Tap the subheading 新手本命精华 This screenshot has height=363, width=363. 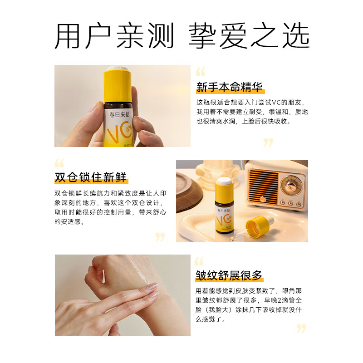(229, 87)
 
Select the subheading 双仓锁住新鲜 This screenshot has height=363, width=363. (90, 177)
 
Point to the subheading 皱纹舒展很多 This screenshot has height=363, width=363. (229, 275)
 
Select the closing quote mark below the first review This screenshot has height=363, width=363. (269, 142)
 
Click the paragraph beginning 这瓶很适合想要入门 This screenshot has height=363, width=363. (252, 112)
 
